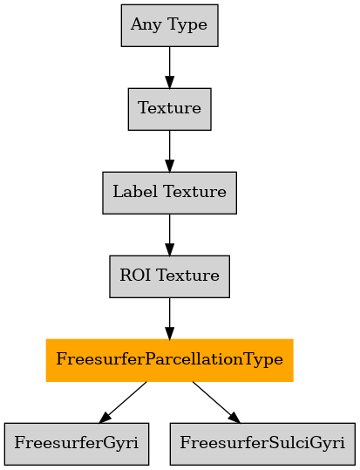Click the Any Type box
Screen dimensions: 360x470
(170, 25)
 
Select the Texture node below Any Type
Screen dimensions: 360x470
(170, 109)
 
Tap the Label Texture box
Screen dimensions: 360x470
(170, 193)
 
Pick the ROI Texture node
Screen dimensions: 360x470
(170, 276)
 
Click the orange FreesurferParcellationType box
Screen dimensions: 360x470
(170, 360)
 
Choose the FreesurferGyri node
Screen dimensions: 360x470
(77, 444)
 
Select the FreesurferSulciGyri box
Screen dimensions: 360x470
(262, 444)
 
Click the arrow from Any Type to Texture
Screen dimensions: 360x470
(170, 67)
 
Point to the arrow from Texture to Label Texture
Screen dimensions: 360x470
(170, 151)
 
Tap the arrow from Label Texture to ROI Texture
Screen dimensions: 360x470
(170, 235)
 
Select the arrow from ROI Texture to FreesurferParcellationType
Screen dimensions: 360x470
(170, 318)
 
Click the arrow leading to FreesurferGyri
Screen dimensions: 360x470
(123, 402)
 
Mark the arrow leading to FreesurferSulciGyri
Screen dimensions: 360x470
(216, 402)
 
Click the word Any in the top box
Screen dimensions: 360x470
(146, 25)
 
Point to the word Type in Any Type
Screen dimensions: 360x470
(187, 25)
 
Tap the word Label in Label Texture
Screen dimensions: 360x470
(135, 192)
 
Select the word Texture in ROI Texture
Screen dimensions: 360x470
(188, 276)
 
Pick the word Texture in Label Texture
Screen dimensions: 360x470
(195, 192)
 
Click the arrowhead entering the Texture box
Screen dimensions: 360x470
(170, 83)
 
